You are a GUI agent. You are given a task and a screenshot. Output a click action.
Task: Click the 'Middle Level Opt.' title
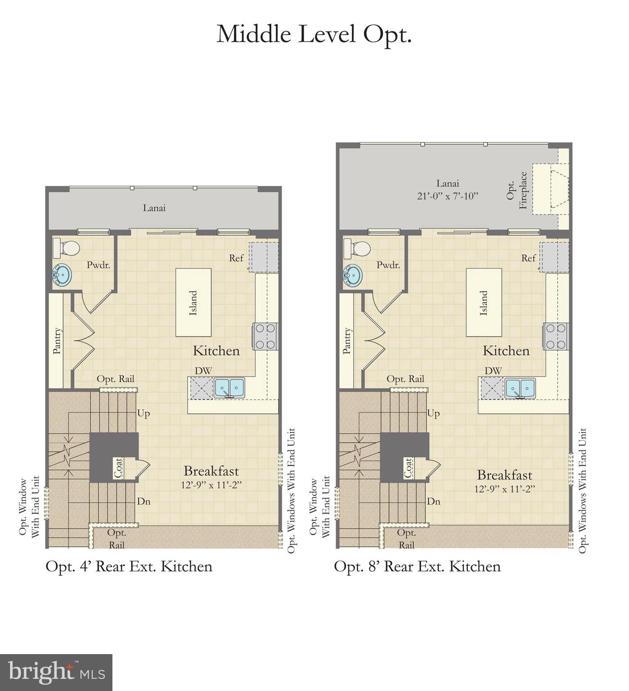point(314,34)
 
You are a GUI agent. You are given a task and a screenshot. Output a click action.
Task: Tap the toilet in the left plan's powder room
point(67,248)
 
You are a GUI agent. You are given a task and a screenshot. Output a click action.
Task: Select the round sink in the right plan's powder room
point(353,275)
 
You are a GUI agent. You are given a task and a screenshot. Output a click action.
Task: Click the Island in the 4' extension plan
point(193,302)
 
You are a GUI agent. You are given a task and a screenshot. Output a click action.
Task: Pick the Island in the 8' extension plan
point(484,302)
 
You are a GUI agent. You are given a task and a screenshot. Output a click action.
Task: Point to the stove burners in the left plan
point(265,336)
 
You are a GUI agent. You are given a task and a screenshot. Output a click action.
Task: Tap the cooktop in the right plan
point(556,336)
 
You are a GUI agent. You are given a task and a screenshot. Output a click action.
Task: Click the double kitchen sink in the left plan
point(229,388)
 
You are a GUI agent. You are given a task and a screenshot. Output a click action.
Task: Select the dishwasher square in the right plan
point(492,388)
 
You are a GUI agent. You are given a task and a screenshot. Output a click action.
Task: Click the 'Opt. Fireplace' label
point(517,190)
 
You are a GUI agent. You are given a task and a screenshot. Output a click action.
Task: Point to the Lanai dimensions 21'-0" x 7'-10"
point(447,196)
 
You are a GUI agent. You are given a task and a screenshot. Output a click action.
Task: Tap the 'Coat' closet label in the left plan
point(118,468)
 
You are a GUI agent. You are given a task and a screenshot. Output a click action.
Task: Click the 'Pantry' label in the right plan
point(347,341)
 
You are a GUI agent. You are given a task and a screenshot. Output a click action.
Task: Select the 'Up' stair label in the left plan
point(144,413)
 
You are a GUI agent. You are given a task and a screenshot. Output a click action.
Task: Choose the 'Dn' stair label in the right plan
point(433,501)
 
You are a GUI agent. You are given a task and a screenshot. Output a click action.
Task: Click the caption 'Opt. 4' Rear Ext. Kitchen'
point(129,566)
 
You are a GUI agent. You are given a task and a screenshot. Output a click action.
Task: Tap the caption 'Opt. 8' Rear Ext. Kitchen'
point(417,566)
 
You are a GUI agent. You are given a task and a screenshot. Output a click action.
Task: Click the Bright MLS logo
point(56,673)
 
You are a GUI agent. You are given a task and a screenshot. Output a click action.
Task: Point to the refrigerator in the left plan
point(264,257)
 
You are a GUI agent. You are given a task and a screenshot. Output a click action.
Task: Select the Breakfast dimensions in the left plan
point(211,485)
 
